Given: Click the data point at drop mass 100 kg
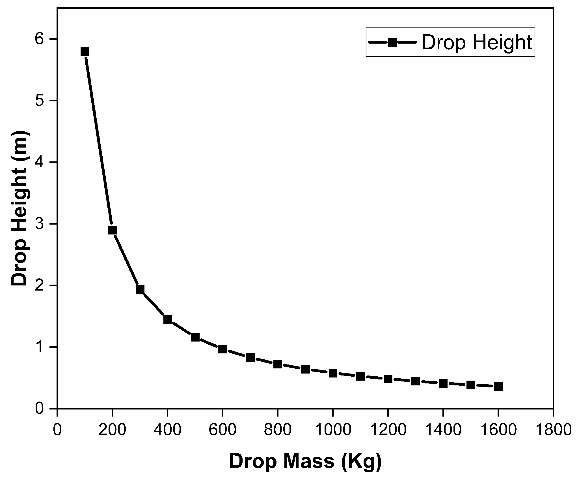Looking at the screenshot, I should (85, 52).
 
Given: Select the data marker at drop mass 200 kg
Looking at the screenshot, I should (112, 230).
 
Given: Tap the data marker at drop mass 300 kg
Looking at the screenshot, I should (140, 289).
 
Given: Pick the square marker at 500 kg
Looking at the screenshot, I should (195, 337).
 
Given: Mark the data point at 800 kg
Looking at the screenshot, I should (278, 364).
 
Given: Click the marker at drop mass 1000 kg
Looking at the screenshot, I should (333, 373).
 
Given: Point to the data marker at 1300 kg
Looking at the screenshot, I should (416, 381).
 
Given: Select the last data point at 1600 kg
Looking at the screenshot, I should (498, 386).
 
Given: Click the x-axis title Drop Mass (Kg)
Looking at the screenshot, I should (305, 462).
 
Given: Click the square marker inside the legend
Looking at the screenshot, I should (392, 42).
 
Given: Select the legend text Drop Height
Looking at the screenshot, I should (477, 42).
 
